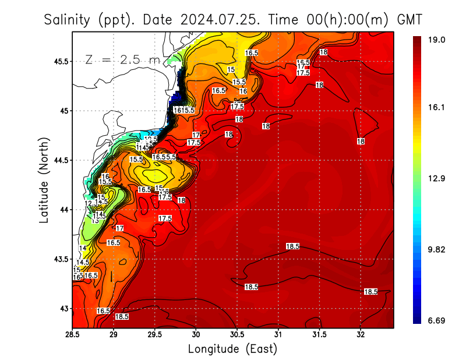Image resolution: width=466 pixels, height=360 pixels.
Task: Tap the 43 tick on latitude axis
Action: tap(64, 308)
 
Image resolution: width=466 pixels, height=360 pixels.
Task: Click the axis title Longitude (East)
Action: tap(232, 349)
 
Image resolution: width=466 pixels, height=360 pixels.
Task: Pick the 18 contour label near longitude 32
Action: tap(361, 142)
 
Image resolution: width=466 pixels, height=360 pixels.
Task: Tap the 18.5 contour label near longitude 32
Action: tap(370, 291)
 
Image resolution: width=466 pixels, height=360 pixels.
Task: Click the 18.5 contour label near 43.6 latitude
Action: tap(292, 247)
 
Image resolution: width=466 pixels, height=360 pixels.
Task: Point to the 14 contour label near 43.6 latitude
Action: tap(83, 248)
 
